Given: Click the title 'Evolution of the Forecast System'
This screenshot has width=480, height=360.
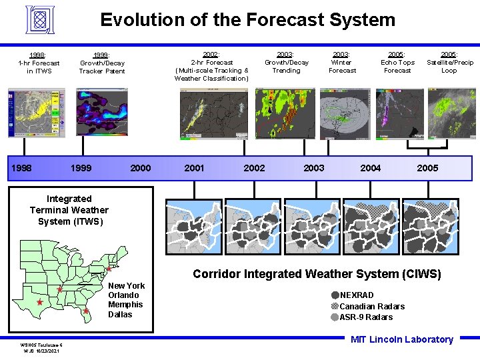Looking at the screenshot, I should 247,19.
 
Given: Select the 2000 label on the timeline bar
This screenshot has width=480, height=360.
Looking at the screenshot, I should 140,168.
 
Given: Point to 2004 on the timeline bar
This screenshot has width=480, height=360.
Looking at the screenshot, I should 371,168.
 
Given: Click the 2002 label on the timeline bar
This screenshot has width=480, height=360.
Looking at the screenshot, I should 254,168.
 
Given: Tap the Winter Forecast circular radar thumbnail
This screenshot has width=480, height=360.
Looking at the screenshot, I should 345,113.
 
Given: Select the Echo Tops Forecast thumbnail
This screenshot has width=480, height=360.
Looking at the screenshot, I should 397,113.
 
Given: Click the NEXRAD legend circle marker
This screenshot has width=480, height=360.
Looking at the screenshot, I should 335,295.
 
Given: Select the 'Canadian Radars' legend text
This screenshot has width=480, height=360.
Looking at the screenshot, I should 372,307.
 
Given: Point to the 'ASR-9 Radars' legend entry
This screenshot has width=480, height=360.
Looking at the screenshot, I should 366,317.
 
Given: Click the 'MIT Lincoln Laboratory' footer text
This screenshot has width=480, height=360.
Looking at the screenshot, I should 401,339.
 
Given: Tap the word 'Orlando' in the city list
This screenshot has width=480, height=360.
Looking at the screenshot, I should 123,295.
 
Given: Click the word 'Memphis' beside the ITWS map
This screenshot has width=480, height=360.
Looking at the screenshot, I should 125,305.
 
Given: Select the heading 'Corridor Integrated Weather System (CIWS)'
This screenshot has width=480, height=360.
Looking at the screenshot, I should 317,274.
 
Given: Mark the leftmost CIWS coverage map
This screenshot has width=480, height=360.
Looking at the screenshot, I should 194,227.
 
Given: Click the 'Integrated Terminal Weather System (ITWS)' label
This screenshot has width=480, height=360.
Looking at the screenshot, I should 69,210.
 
